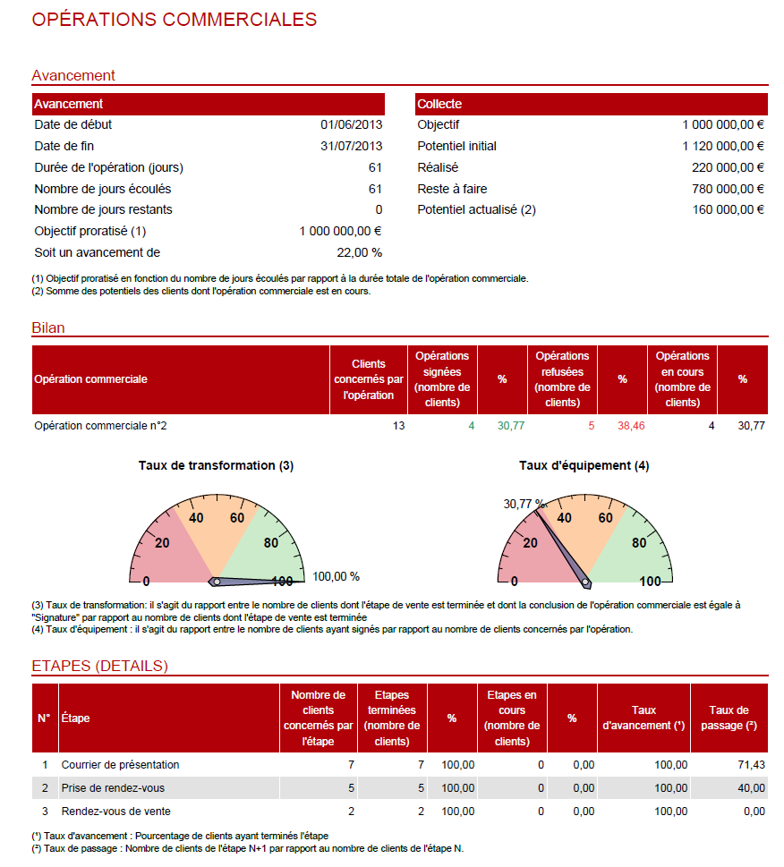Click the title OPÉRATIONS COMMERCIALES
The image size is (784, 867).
174,20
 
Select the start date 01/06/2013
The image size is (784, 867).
351,125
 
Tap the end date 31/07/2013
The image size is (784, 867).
351,146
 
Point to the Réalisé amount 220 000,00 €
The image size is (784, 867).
728,167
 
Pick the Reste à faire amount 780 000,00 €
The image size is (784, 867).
728,189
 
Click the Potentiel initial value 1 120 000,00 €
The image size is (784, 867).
723,146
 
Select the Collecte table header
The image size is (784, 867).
439,104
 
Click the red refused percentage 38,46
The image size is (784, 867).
631,426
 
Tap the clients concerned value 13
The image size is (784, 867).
398,426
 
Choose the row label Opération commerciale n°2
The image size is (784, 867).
100,426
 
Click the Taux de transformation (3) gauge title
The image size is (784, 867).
216,465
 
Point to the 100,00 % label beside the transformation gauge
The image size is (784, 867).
336,576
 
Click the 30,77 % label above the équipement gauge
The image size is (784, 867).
524,504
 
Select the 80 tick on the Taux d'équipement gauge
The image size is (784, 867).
638,542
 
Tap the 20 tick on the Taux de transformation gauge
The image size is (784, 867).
162,542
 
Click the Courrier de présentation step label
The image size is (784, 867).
120,765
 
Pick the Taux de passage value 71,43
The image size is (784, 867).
750,765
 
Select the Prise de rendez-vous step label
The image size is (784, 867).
113,788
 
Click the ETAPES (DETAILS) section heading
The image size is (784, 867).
99,666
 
